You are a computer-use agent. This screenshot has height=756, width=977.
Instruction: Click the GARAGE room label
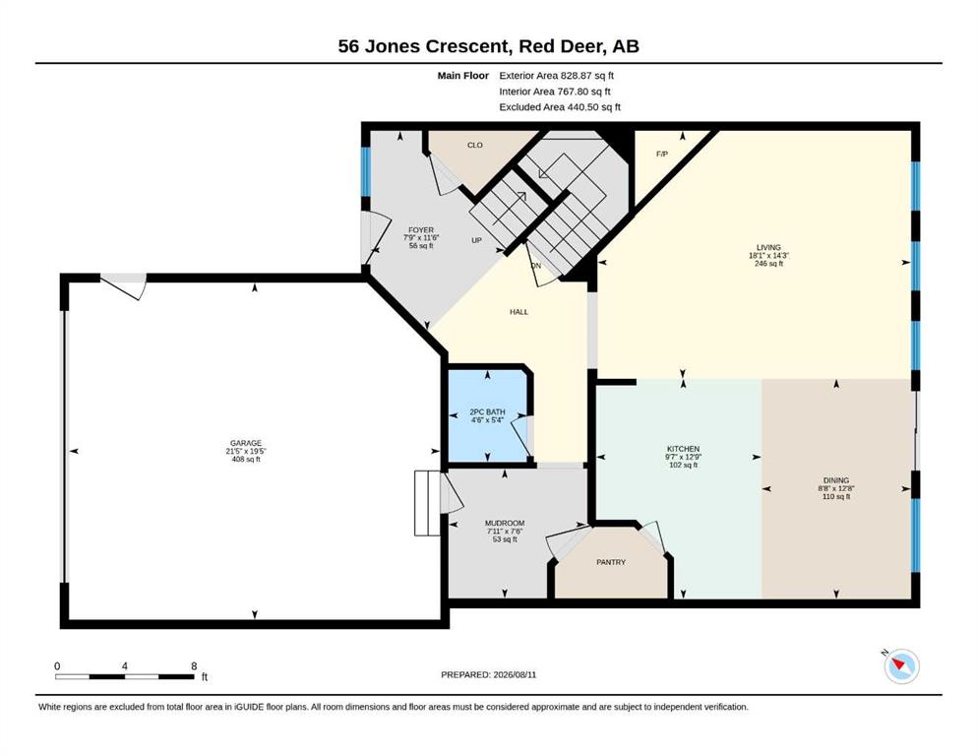coord(246,444)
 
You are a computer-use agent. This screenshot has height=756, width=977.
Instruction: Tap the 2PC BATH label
coord(487,412)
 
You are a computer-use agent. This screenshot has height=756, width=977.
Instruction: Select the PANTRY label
coord(611,562)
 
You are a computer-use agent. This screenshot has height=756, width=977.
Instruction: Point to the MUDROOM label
coord(505,523)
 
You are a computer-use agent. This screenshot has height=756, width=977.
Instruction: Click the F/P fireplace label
coord(662,154)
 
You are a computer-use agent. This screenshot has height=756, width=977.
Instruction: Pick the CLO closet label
coord(475,146)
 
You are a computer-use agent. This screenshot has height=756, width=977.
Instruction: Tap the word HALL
coord(519,312)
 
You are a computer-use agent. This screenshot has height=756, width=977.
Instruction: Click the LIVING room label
coord(768,247)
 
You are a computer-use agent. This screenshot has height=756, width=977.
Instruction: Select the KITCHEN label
coord(683,449)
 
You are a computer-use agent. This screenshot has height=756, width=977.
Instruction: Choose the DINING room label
coord(835,480)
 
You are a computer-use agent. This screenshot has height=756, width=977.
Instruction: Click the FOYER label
coord(421,230)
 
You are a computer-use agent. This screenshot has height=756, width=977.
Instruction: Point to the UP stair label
coord(476,240)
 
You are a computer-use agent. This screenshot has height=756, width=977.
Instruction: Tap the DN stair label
coord(536,266)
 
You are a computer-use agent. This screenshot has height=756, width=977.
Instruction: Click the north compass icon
coord(901,666)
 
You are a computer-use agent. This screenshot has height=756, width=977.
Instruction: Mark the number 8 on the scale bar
coord(195,665)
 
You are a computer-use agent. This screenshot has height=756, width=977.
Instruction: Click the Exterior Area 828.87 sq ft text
coord(557,76)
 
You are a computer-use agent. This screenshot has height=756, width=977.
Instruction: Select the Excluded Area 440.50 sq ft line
coord(560,107)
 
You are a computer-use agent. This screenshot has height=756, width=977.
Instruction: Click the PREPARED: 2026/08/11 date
coord(488,674)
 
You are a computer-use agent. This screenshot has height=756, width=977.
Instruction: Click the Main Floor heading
coord(463,76)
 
